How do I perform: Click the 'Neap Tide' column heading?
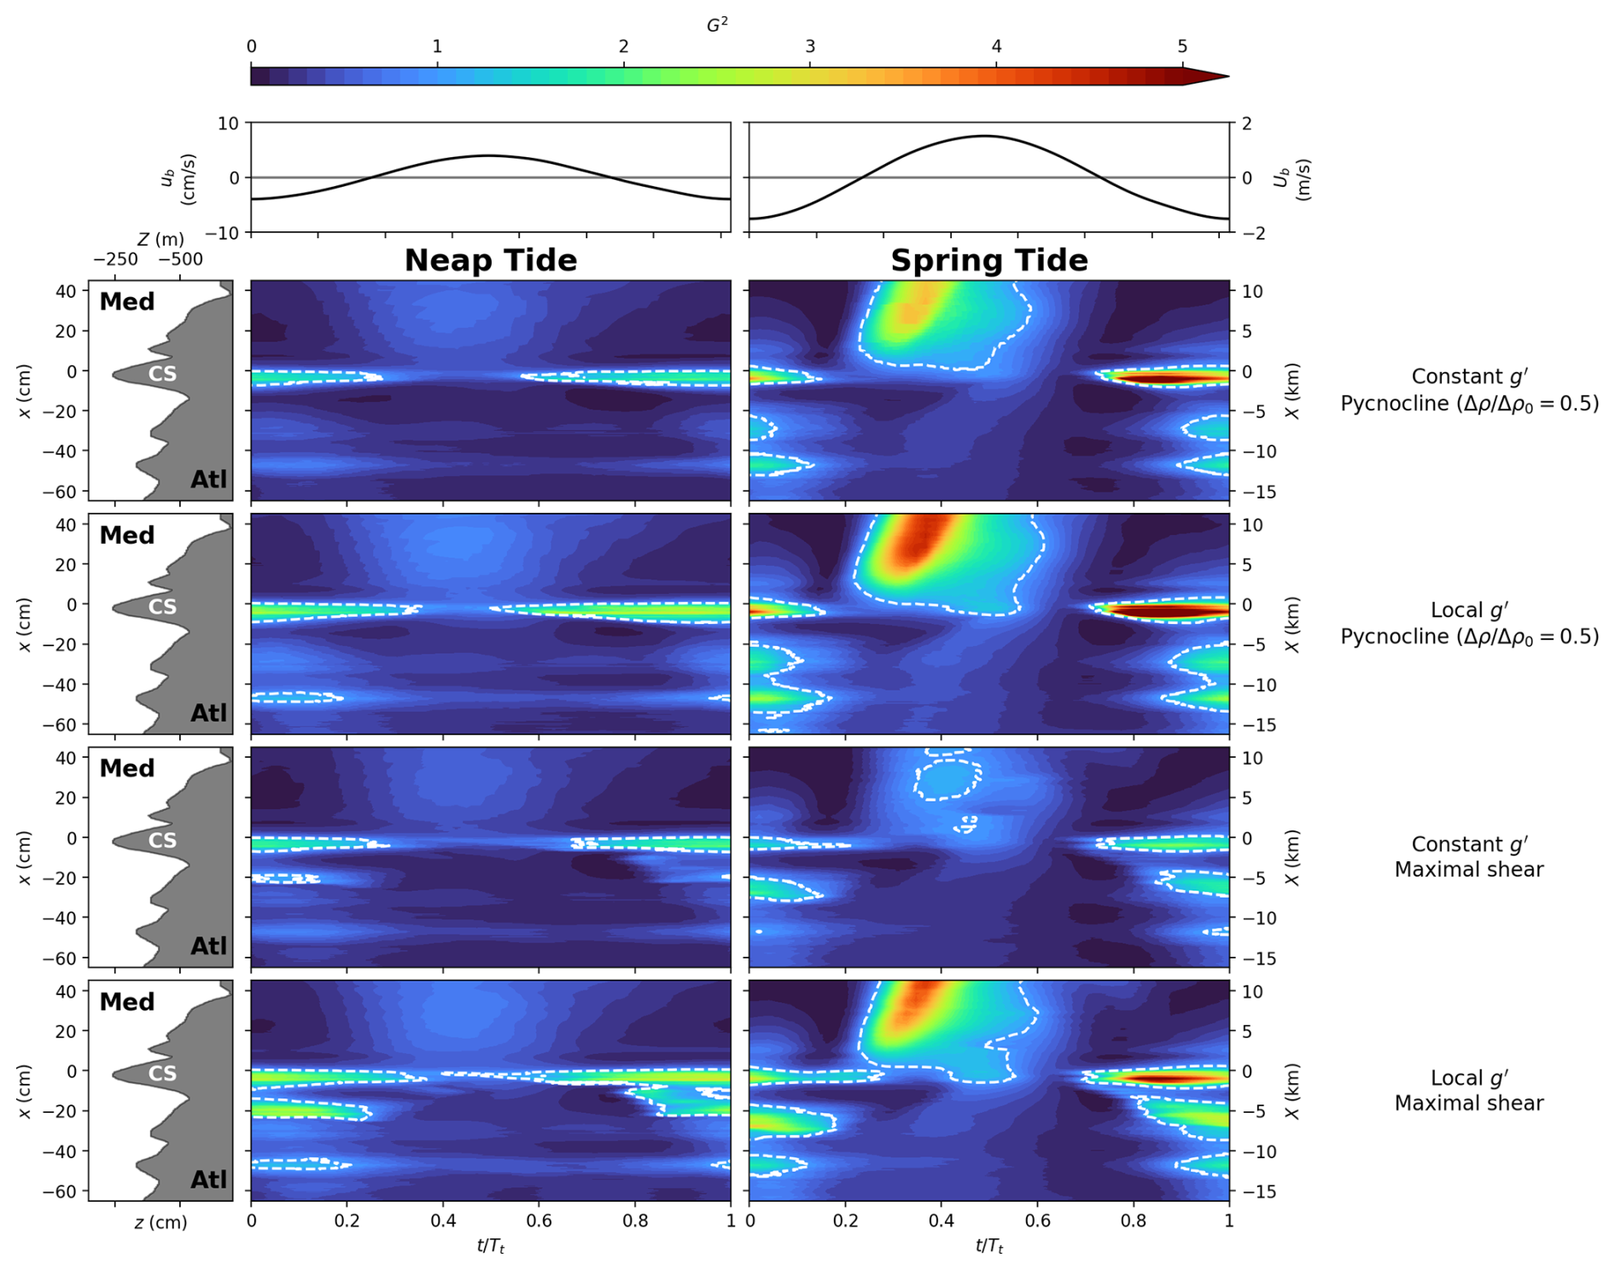(491, 260)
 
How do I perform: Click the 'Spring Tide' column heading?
(989, 260)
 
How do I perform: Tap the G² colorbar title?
(717, 25)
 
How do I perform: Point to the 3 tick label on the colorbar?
(810, 46)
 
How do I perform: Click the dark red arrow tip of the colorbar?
(1216, 77)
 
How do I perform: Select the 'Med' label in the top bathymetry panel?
(127, 302)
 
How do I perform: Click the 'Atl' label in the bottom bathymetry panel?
(208, 1180)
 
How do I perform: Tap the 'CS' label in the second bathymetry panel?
(162, 607)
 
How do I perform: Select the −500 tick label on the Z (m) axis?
(180, 259)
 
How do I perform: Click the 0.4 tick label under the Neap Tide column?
(443, 1221)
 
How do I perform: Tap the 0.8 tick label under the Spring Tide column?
(1133, 1221)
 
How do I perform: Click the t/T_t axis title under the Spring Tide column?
(989, 1246)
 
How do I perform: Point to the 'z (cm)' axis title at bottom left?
(160, 1222)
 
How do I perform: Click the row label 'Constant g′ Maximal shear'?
(1469, 856)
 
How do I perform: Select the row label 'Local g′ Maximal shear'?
(1469, 1090)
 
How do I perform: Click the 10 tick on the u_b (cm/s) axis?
(228, 124)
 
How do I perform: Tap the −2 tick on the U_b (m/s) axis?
(1246, 233)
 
